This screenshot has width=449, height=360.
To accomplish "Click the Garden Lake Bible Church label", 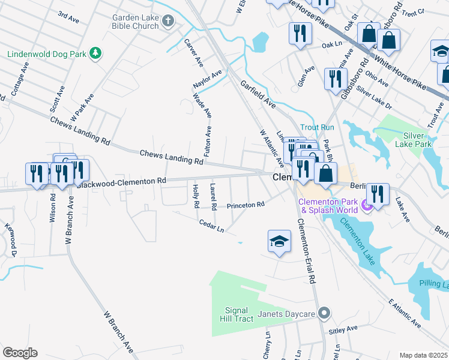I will [x=135, y=22].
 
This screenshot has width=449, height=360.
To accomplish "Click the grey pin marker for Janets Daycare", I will [x=324, y=313].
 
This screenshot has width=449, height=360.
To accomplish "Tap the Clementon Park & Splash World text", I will [x=329, y=206].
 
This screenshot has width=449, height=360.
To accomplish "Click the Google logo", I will [x=19, y=353].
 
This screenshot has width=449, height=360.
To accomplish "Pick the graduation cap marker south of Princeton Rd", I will [x=279, y=242].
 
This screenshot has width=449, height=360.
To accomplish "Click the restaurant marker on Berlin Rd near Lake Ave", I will [x=377, y=193].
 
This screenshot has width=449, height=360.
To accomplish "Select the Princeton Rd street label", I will [x=246, y=205].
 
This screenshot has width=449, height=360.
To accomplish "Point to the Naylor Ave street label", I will [x=207, y=78].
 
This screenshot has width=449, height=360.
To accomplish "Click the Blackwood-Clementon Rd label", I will [x=121, y=182].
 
